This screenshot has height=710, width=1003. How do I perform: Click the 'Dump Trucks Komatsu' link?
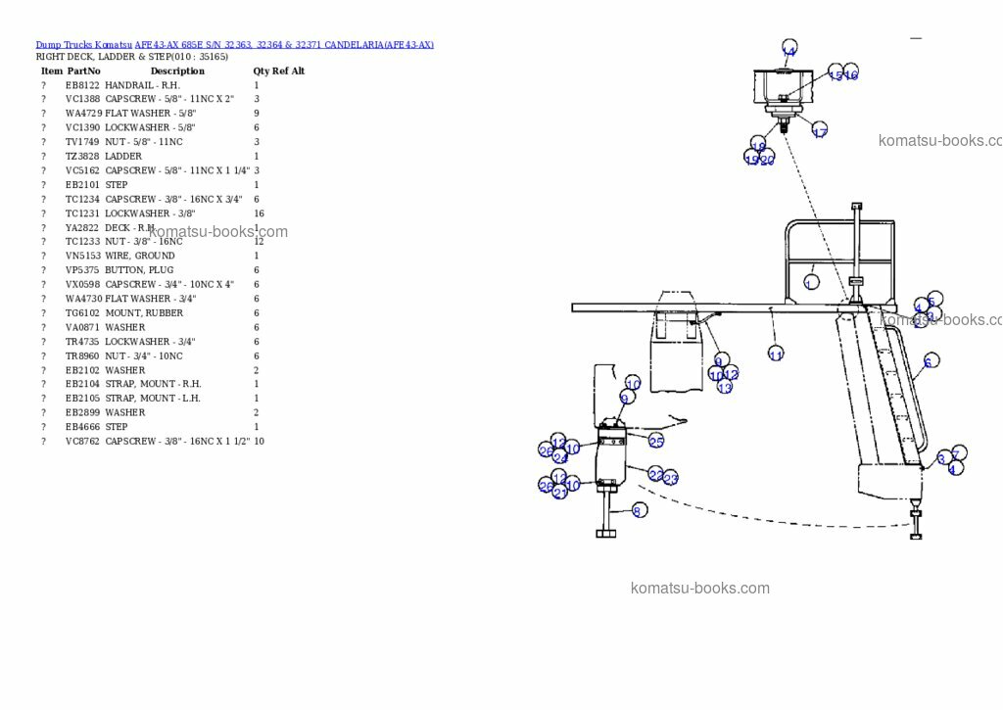point(84,44)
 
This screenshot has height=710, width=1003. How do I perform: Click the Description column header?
point(177,71)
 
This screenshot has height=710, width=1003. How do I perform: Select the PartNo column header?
point(83,71)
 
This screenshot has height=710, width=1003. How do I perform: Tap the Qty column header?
point(261,71)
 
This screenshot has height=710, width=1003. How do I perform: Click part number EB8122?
point(82,85)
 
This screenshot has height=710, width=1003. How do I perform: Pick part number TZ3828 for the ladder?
point(82,157)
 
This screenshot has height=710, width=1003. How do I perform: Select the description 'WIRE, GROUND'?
point(140,257)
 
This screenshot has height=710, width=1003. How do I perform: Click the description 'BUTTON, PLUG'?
point(139,270)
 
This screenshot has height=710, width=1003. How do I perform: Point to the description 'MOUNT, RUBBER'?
point(144,313)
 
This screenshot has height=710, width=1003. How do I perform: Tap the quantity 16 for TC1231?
point(259,213)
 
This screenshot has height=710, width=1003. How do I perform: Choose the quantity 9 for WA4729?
point(257,114)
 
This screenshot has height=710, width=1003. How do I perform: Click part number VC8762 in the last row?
point(82,442)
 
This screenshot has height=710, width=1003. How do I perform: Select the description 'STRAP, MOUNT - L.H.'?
point(153,399)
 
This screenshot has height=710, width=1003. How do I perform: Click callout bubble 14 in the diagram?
point(789,50)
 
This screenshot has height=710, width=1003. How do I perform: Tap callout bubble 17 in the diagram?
point(820,132)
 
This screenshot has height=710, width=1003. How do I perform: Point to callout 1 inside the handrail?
point(811,282)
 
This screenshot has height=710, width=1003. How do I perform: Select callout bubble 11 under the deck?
point(776,354)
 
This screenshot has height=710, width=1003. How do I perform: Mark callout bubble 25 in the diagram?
point(656,442)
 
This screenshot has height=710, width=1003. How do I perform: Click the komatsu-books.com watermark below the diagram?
point(699,589)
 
